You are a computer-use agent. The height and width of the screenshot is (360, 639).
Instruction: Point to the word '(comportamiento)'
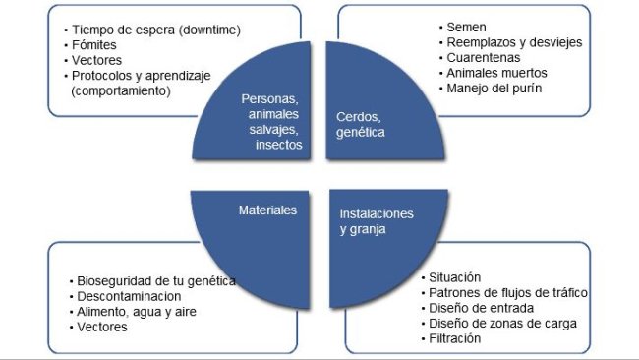[x=121, y=90]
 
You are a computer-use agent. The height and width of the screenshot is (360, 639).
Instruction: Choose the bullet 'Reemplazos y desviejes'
[x=512, y=43]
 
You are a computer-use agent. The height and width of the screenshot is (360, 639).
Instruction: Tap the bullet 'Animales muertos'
[x=494, y=73]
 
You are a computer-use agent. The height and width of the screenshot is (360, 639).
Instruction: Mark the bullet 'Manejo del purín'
[x=494, y=88]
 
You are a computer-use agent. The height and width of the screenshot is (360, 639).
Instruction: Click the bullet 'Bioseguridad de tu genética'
[x=158, y=280]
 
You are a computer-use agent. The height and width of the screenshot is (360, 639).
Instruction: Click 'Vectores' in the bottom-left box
[x=103, y=326]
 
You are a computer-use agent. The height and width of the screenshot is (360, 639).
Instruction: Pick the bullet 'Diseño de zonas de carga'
[x=502, y=323]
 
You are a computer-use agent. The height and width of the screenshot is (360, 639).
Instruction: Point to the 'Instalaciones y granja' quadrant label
[x=377, y=221]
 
